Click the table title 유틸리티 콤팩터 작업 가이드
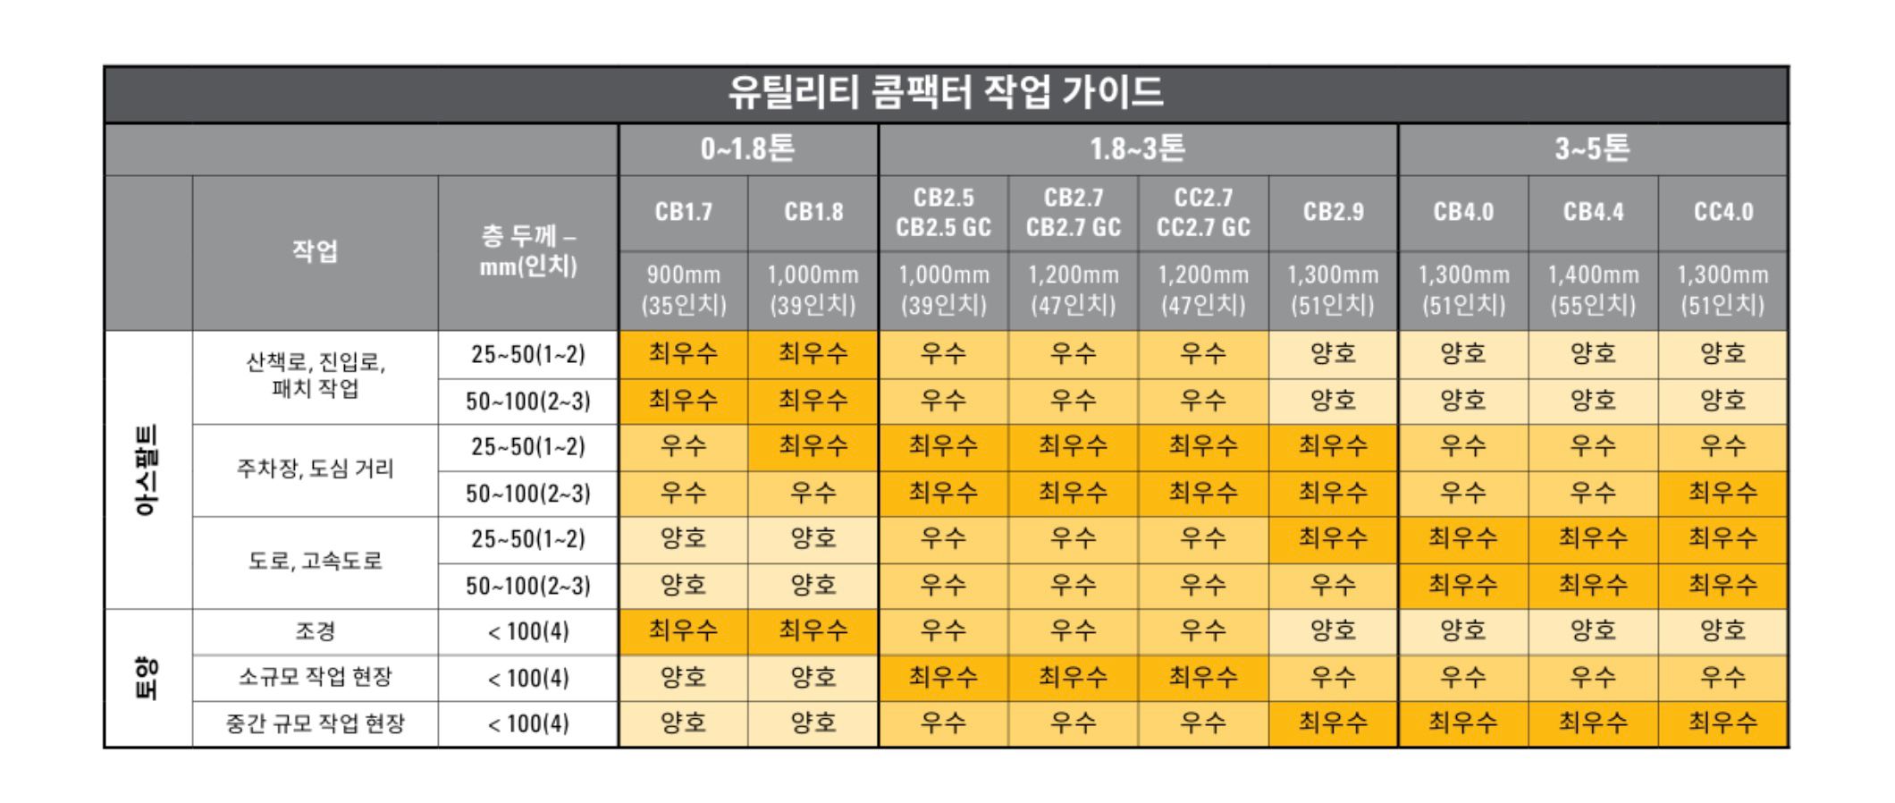coord(946,93)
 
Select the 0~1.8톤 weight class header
coord(747,149)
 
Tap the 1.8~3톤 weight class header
coord(1137,149)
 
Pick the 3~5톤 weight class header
coord(1592,149)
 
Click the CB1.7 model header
coord(683,213)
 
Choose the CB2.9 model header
coord(1333,213)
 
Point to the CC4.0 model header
coord(1722,213)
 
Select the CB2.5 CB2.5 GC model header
coord(943,213)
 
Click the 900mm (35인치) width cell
coord(683,290)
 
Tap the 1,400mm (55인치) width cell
coord(1593,290)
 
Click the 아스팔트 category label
coord(147,470)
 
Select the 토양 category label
coord(147,678)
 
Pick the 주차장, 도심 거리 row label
coord(315,469)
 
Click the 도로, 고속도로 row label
coord(315,562)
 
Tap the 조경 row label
coord(315,631)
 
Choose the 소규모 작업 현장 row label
coord(315,678)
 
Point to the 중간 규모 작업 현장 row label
coord(315,723)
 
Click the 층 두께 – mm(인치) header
coord(527,251)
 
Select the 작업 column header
coord(315,251)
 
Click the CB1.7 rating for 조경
coord(683,631)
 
